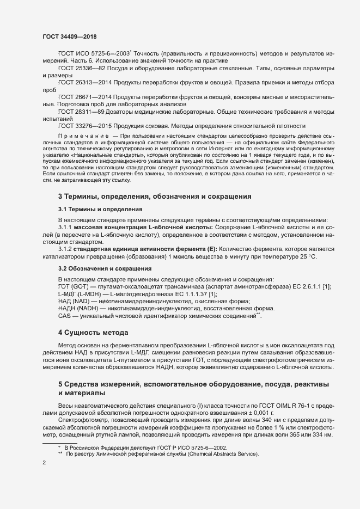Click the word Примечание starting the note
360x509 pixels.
click(82, 134)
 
